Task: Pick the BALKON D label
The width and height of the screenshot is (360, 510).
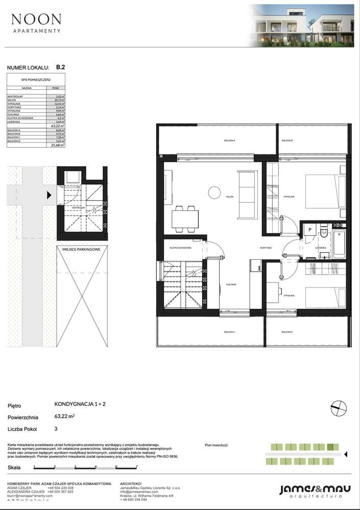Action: coord(287,332)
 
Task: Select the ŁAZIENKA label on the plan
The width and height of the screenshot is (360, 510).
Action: coord(321,247)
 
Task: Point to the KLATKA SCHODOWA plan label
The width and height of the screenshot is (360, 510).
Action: coord(181,248)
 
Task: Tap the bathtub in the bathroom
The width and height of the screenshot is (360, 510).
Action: coord(340,245)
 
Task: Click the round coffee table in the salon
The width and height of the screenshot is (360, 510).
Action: coord(212,192)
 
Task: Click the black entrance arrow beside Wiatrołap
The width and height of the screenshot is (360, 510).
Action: coord(50,195)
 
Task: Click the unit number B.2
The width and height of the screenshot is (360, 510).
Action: coord(60,67)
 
